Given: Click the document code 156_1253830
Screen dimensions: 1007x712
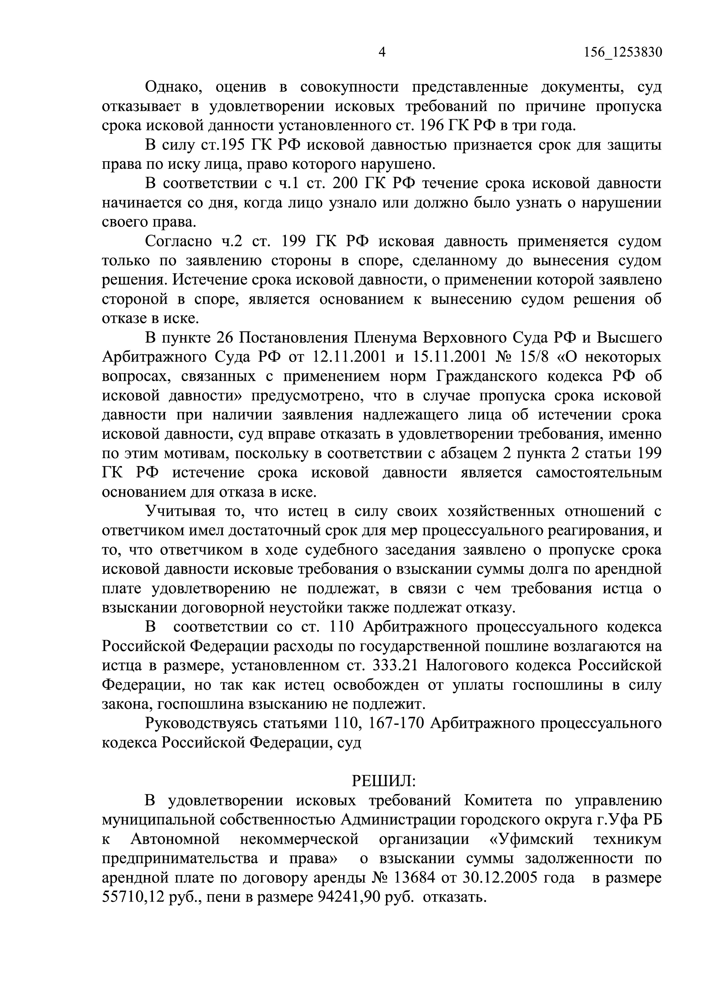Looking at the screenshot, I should [622, 53].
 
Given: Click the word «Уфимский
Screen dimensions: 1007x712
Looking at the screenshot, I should [531, 839].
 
